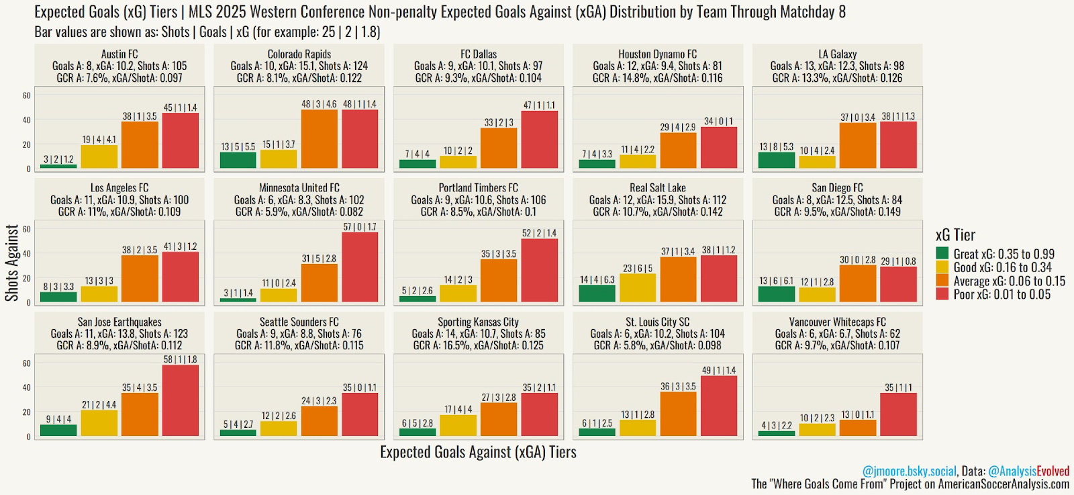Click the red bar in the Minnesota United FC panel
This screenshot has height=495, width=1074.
[360, 267]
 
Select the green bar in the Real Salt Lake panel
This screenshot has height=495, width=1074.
[597, 294]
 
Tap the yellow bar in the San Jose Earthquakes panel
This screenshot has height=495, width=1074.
[99, 422]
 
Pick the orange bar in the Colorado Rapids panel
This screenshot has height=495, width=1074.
[319, 139]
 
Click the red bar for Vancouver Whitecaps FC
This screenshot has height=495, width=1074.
[898, 414]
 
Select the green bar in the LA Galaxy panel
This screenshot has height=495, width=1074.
[777, 161]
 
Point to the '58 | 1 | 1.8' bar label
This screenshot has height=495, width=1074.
[181, 359]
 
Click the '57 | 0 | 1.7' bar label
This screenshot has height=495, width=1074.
[360, 227]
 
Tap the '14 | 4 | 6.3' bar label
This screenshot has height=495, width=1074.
[597, 279]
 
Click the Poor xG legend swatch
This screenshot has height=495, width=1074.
[942, 294]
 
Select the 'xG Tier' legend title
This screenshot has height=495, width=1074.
[955, 235]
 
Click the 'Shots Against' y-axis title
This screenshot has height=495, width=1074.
[12, 263]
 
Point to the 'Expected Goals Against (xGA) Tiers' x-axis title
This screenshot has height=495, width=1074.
[478, 452]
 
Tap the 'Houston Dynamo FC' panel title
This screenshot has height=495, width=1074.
[657, 54]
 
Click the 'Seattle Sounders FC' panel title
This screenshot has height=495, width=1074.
[299, 322]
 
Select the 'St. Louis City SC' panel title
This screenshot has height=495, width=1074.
[657, 322]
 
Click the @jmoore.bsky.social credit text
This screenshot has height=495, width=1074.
[909, 471]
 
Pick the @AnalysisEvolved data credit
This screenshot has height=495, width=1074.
[1028, 471]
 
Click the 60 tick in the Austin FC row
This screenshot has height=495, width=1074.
[26, 95]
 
